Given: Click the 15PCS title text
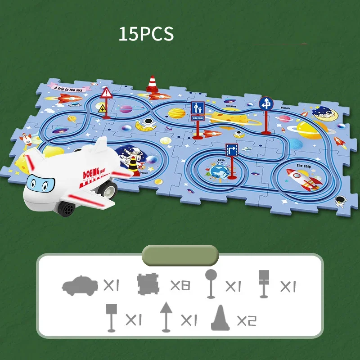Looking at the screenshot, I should click(x=146, y=35).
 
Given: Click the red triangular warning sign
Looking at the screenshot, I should click(x=107, y=94).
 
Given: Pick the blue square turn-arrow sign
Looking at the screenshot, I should click(x=231, y=150).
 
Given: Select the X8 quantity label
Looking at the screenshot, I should click(x=181, y=285).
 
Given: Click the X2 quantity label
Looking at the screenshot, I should click(x=246, y=320).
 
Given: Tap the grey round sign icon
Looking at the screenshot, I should click(x=211, y=283).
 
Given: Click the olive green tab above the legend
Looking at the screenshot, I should click(x=180, y=255).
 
